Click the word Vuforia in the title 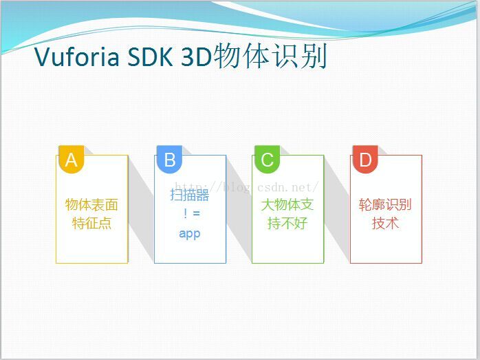[76, 57]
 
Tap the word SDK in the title [150, 57]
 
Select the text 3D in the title [196, 57]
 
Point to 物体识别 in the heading [270, 56]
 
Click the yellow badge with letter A [72, 159]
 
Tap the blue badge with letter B [170, 159]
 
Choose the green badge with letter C [268, 159]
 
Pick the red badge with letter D [365, 159]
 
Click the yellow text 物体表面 [91, 204]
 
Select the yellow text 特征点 [91, 223]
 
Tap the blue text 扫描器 [190, 195]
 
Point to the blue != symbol [192, 213]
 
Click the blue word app [190, 234]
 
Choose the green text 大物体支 [287, 204]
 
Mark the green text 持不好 [287, 223]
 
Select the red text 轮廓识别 [385, 204]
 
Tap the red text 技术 [385, 223]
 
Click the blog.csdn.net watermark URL [247, 187]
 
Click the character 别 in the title [314, 56]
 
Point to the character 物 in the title [227, 56]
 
